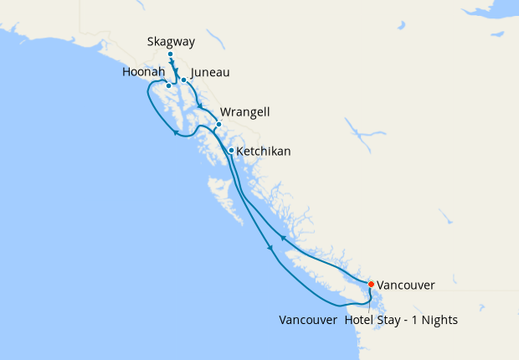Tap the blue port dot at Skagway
pos(170,55)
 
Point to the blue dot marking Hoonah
pos(169,85)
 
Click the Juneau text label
pos(210,73)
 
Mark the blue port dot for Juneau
pos(183,80)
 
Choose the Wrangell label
pos(244,112)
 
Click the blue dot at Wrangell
pos(218,126)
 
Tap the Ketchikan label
pos(264,152)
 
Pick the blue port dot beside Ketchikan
pos(231,151)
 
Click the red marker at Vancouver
pos(371,284)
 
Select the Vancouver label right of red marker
pos(405,285)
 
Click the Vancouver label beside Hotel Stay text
pos(308,320)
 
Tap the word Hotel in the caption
pos(361,320)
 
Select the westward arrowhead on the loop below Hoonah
pos(176,132)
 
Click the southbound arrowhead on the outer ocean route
pos(269,248)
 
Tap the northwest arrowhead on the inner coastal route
pos(282,239)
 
